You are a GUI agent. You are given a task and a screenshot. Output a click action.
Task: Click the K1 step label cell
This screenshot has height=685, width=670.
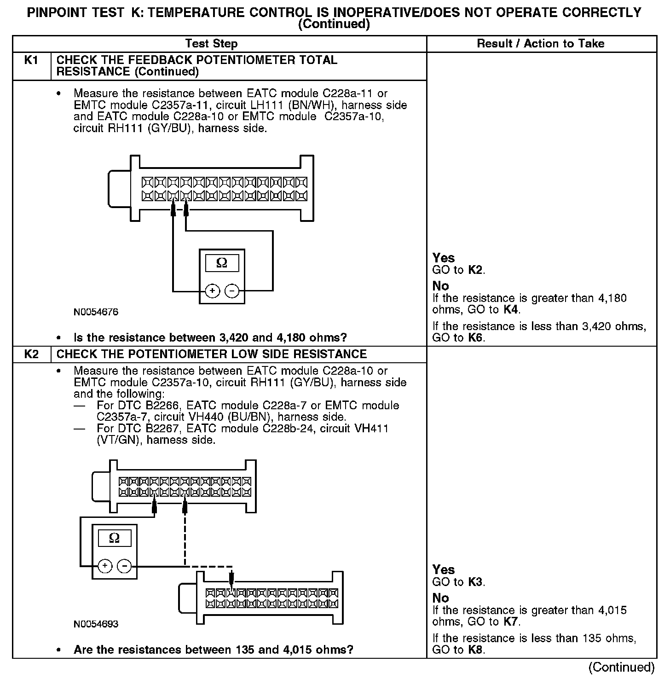[x=31, y=61]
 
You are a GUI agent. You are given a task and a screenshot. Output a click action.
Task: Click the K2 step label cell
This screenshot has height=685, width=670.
[x=31, y=354]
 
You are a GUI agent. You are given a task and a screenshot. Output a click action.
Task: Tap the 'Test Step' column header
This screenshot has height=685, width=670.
[x=211, y=44]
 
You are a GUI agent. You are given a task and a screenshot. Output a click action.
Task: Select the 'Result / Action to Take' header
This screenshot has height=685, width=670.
[x=541, y=44]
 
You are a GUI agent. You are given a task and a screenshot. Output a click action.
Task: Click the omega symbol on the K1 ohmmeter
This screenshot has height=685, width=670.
[x=222, y=263]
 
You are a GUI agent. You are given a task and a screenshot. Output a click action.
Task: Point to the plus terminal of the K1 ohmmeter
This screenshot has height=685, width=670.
[x=212, y=291]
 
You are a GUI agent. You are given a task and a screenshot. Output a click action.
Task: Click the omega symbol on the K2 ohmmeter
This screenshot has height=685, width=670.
[x=115, y=538]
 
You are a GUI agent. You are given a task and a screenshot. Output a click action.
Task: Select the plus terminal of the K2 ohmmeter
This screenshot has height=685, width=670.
[x=105, y=566]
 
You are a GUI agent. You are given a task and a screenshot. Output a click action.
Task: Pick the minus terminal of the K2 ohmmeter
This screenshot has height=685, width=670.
[x=124, y=566]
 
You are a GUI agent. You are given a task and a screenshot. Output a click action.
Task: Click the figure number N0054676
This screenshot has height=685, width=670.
[x=96, y=312]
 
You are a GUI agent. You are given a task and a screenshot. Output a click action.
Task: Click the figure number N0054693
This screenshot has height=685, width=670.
[x=96, y=624]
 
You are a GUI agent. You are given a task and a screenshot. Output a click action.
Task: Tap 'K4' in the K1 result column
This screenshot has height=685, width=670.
[x=511, y=310]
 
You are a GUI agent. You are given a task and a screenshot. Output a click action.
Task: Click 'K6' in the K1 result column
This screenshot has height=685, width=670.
[x=476, y=338]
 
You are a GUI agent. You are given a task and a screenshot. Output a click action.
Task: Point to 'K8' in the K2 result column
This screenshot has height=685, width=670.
[x=476, y=650]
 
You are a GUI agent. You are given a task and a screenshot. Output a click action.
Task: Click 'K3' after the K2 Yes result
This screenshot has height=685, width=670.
[x=475, y=582]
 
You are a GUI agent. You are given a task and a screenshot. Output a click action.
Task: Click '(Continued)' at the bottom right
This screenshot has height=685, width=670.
[x=621, y=667]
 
